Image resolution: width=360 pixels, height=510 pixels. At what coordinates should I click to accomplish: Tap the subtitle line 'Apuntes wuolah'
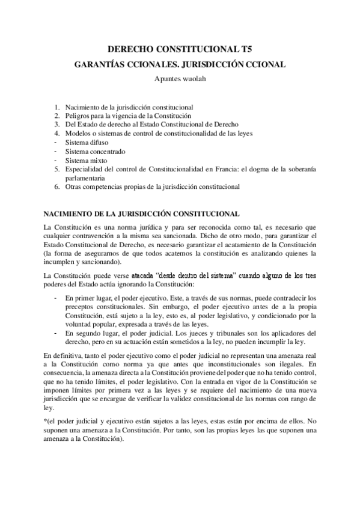[x=180, y=76]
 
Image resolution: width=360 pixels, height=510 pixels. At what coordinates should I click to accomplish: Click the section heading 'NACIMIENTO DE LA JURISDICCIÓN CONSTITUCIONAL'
[x=142, y=214]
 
